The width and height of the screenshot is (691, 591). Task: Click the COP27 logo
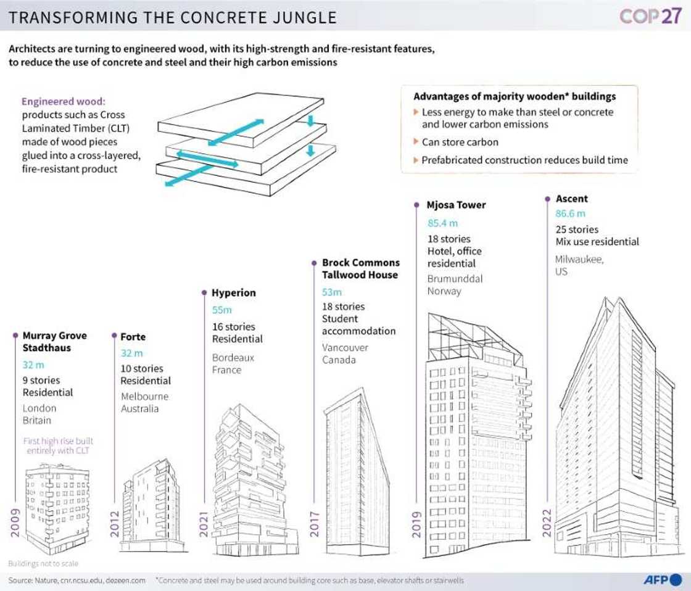pos(651,16)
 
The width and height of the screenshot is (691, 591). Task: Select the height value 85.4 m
pos(443,223)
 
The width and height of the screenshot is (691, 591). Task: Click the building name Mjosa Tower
pos(456,205)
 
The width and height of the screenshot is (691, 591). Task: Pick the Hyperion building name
pos(233,292)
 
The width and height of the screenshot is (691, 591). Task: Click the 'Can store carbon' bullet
pos(460,142)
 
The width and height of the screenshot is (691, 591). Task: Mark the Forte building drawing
pos(151,506)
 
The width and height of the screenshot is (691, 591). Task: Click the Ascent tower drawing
pos(617,432)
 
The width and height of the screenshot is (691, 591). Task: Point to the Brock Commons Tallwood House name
pos(360,268)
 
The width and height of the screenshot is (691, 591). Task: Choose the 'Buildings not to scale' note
pos(43,563)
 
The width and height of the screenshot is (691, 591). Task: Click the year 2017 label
pos(314,523)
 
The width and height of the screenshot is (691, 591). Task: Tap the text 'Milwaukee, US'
pos(579,265)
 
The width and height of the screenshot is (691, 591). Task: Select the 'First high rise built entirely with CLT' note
pos(58,446)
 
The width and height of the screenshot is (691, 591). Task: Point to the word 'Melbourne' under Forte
pos(144,396)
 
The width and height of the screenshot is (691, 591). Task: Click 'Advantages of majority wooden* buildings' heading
pos(515,97)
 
